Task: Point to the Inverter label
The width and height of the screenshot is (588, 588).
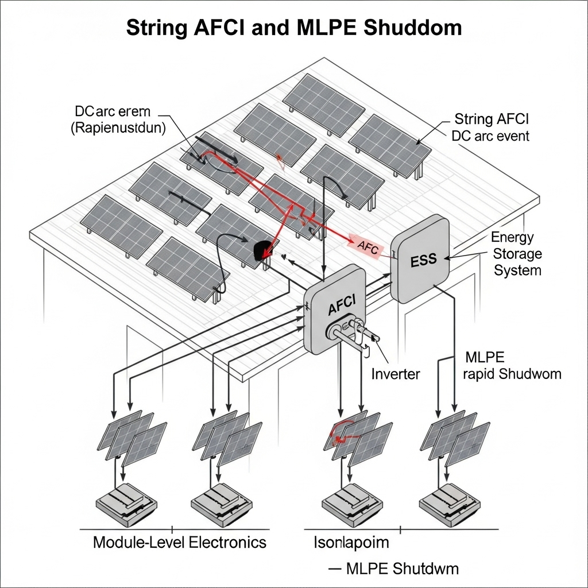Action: coord(396,374)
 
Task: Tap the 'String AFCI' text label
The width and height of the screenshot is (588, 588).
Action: coord(492,119)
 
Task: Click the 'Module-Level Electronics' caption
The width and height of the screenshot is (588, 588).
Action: coord(179,541)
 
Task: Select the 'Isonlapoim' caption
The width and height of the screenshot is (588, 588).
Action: coord(351,541)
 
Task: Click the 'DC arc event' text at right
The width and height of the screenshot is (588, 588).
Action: coord(490,137)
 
